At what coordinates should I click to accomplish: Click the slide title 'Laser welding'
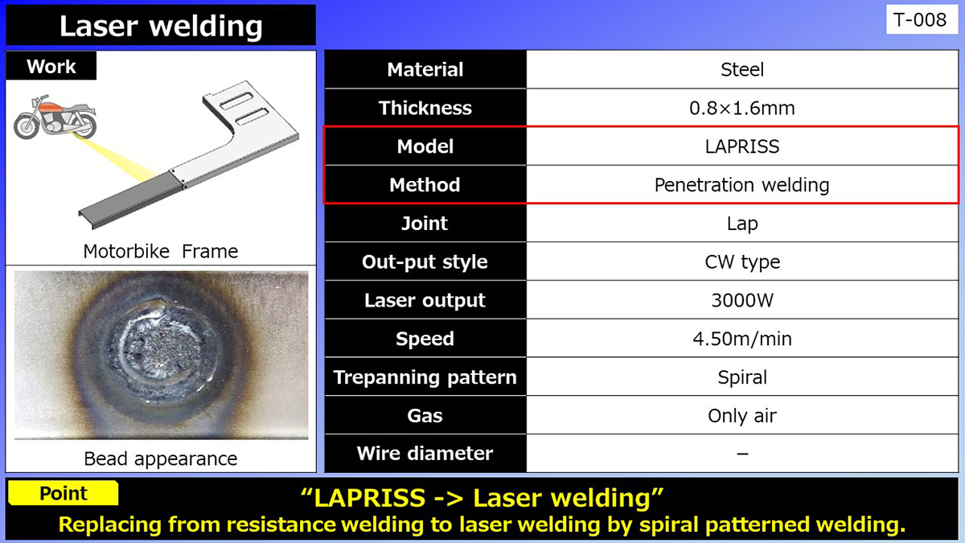(x=161, y=26)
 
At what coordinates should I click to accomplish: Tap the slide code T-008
(x=921, y=20)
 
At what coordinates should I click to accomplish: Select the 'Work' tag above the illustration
(x=51, y=67)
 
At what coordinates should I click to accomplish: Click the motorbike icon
(x=55, y=117)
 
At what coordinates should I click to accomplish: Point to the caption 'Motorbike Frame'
(x=161, y=251)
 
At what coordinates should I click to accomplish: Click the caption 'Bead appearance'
(x=161, y=459)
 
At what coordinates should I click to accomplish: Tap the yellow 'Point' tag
(x=64, y=493)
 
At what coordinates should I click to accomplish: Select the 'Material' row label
(x=425, y=70)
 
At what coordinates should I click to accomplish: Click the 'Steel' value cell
(x=741, y=70)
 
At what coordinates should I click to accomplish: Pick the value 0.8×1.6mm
(x=741, y=109)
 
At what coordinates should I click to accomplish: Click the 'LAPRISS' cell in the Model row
(x=741, y=146)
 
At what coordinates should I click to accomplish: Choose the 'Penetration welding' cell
(x=741, y=185)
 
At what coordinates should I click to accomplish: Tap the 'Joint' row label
(x=425, y=224)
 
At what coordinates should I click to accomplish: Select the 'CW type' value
(x=741, y=262)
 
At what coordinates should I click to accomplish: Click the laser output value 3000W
(x=741, y=301)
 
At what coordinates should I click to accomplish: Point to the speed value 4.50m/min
(x=741, y=339)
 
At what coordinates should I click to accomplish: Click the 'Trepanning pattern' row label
(x=425, y=377)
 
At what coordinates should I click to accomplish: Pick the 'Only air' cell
(x=741, y=416)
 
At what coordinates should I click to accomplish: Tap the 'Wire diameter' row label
(x=425, y=454)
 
